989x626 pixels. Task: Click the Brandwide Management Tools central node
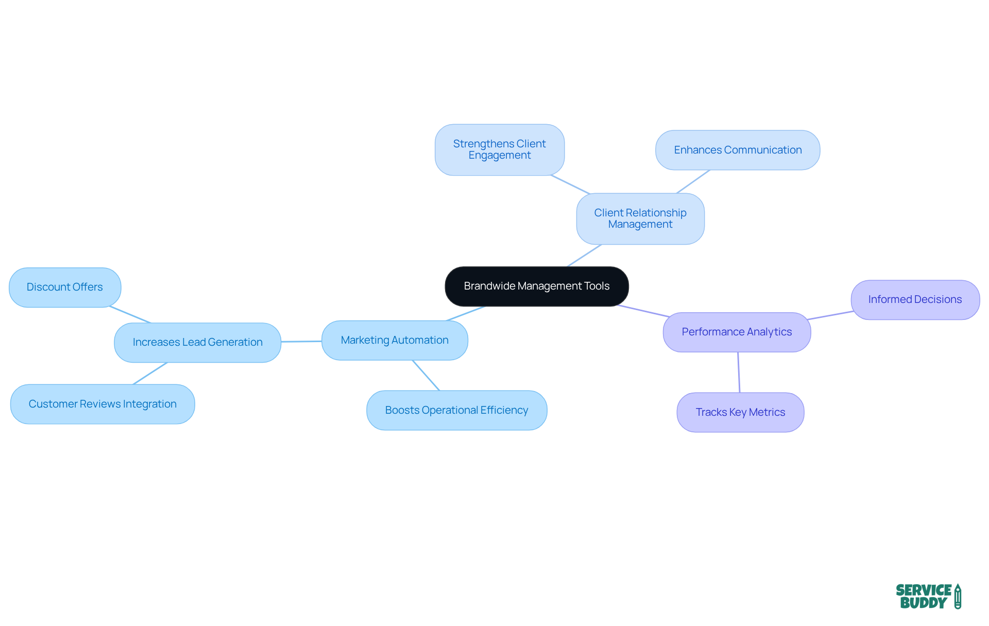tap(536, 286)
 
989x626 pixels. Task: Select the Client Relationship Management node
tap(640, 218)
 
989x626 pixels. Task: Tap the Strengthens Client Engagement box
tap(499, 149)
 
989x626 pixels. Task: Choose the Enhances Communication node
tap(737, 150)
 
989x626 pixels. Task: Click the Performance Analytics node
tap(737, 332)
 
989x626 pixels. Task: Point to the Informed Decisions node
tap(915, 299)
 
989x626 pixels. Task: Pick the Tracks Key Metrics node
tap(740, 412)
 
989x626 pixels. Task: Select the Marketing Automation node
tap(395, 340)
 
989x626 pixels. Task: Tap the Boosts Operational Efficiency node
tap(456, 410)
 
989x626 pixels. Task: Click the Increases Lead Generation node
tap(197, 342)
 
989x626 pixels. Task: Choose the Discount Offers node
tap(65, 287)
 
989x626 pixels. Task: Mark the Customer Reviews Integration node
tap(103, 404)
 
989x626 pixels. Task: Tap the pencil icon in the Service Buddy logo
tap(958, 596)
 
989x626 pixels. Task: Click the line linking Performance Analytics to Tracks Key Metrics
tap(739, 372)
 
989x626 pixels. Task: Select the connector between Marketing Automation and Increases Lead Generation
tap(301, 341)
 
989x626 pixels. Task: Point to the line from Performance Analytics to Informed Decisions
tap(830, 315)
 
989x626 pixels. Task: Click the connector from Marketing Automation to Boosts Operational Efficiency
tap(426, 375)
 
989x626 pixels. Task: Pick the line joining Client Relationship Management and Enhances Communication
tap(693, 181)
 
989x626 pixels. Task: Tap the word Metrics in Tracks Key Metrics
tap(767, 412)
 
